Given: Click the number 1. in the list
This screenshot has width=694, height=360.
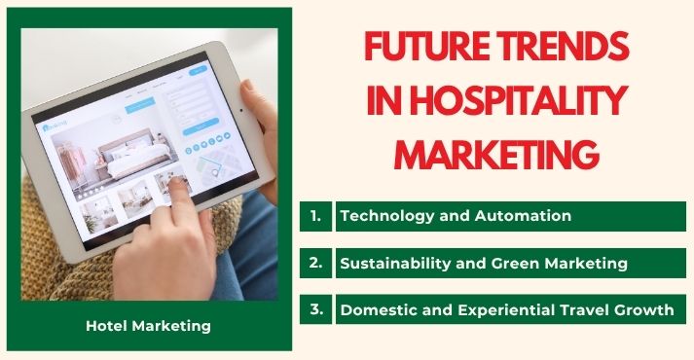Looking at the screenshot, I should point(315,216).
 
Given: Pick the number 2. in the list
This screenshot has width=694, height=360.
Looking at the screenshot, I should point(315,263).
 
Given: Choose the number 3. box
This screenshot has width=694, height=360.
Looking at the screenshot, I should point(315,310).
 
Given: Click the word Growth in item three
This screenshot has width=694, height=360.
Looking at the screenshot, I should point(643,310).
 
